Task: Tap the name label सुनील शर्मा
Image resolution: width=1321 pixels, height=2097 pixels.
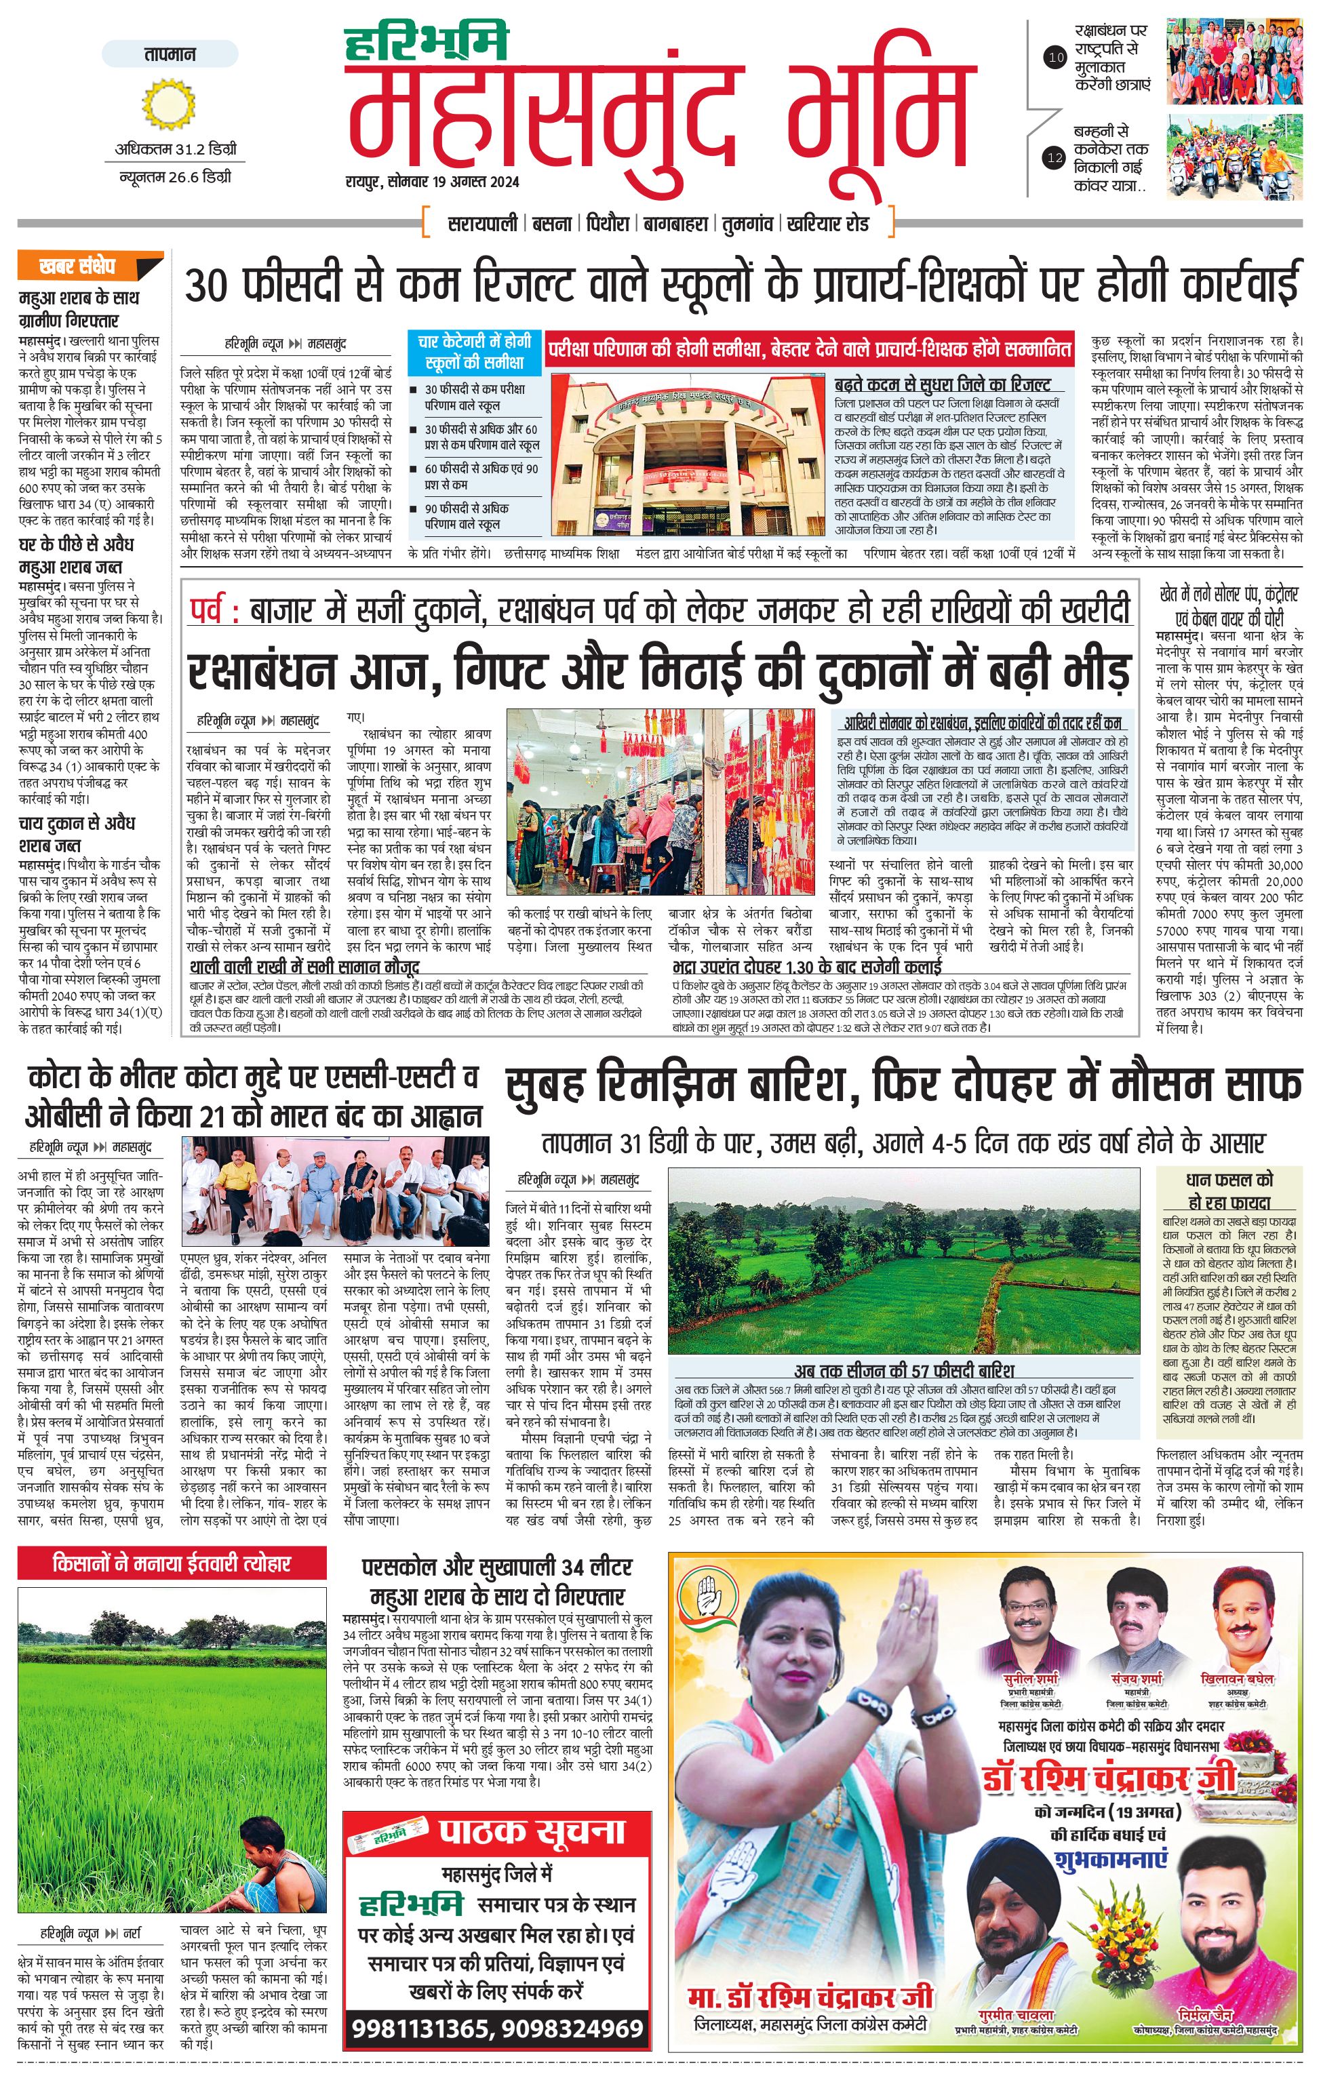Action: tap(1029, 1678)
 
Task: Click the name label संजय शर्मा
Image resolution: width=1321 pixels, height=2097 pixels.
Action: tap(1137, 1678)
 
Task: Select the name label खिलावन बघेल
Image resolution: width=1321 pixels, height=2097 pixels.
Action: tap(1236, 1678)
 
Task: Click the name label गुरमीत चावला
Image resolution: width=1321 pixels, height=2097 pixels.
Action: tap(1017, 2015)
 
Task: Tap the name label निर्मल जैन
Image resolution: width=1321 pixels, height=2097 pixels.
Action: tap(1205, 2015)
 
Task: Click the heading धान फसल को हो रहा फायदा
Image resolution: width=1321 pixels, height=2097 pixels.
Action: tap(1229, 1191)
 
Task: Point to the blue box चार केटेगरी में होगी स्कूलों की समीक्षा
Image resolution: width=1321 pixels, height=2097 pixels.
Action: tap(475, 351)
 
